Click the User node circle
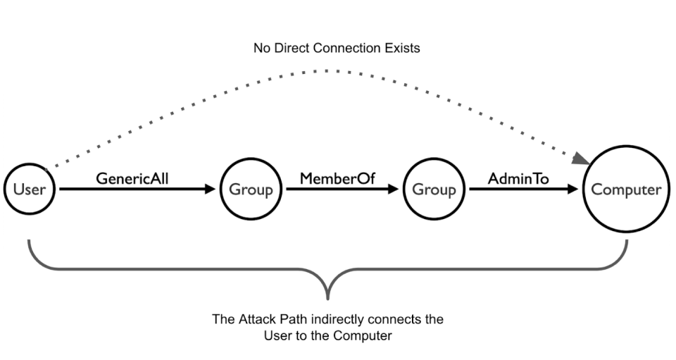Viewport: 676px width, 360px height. pyautogui.click(x=30, y=190)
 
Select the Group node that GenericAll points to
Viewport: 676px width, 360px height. pyautogui.click(x=250, y=190)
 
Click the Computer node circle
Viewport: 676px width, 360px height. pyautogui.click(x=626, y=190)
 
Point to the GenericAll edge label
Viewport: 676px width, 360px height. pyautogui.click(x=132, y=178)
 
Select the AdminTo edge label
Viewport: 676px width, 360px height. pyautogui.click(x=518, y=178)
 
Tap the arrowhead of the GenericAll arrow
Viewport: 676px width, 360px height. pyautogui.click(x=211, y=190)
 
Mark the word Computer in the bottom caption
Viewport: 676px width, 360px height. pyautogui.click(x=366, y=336)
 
